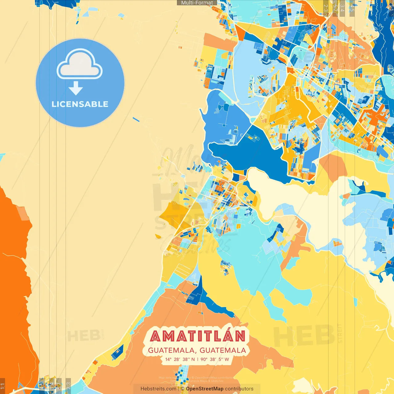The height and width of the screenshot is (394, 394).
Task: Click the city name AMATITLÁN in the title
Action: [198, 336]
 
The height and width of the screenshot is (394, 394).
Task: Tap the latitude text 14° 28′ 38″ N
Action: [180, 359]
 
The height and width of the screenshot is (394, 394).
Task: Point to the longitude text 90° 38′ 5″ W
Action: [215, 359]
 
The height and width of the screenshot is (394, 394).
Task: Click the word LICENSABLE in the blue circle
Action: [80, 104]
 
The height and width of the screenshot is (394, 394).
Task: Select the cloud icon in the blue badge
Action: [79, 64]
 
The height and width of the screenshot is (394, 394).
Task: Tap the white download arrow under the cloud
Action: [76, 88]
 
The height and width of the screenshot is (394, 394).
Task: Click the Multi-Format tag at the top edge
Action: [197, 3]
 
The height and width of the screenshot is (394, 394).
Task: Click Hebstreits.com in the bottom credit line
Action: [158, 389]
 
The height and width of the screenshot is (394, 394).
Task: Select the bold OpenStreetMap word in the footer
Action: [205, 389]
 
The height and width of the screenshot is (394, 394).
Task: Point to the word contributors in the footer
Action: [239, 389]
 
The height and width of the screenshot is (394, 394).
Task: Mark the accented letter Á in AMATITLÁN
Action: [229, 336]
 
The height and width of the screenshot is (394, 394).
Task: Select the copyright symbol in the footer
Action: [183, 389]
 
